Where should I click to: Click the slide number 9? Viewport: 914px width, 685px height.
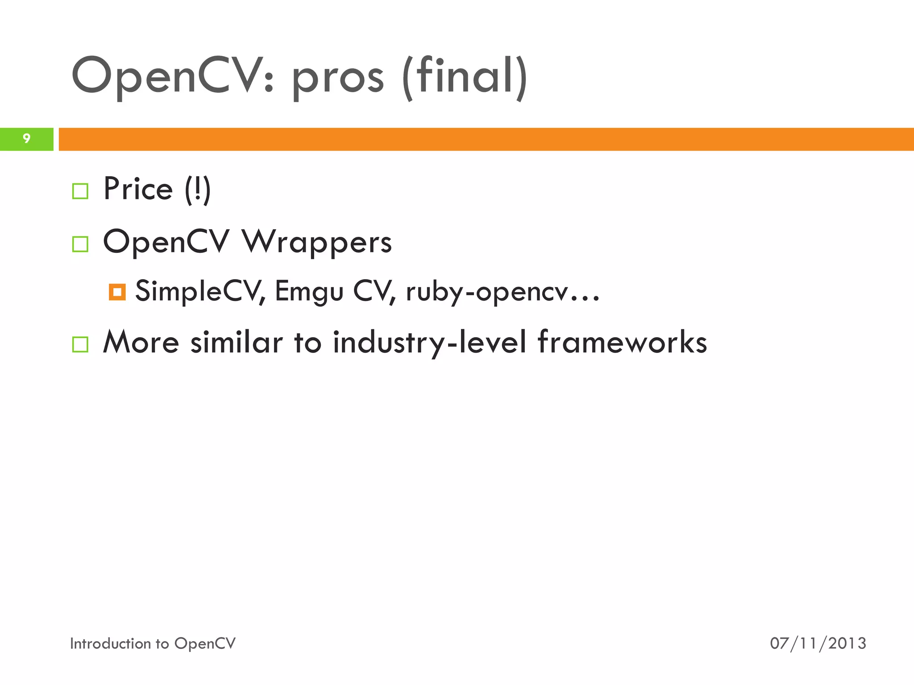coord(26,139)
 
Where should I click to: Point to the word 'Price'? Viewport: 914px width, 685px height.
coord(138,189)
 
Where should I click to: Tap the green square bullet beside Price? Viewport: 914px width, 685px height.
coord(80,191)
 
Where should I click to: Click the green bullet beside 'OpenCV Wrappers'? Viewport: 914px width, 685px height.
coord(80,244)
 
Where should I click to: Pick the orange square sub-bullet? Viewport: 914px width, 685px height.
coord(117,292)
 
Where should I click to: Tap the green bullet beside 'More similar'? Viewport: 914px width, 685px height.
coord(80,344)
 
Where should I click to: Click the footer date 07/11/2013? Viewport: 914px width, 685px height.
coord(818,643)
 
